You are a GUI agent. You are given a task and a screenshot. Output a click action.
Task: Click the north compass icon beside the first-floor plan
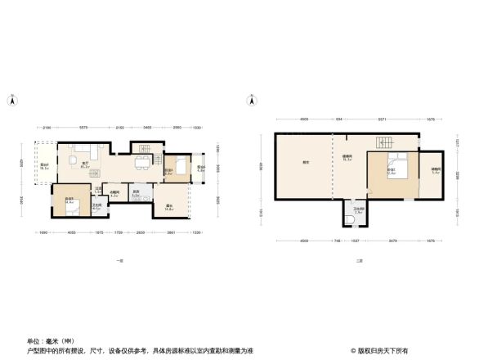(x=12, y=101)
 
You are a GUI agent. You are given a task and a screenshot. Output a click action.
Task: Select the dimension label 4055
(x=72, y=232)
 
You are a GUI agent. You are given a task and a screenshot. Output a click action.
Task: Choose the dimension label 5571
(x=381, y=119)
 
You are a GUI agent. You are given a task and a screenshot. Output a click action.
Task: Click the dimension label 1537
(x=356, y=241)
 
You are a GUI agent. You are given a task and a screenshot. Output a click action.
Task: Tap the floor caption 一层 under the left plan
(x=119, y=260)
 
